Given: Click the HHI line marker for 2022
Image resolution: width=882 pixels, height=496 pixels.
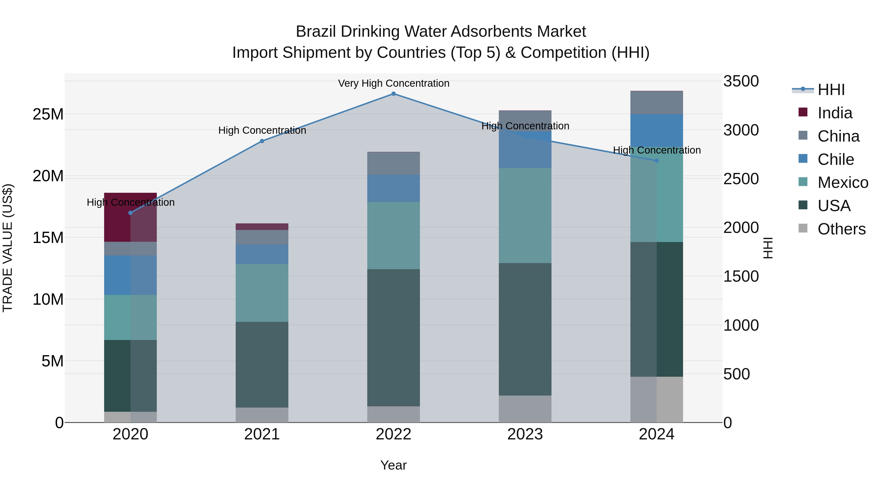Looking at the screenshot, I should tap(393, 94).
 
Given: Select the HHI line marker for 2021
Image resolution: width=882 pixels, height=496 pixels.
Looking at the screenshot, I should tap(262, 141).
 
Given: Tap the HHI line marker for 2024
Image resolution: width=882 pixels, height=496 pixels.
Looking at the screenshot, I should tap(656, 160).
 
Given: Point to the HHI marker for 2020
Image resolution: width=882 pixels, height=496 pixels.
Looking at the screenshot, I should tap(130, 213).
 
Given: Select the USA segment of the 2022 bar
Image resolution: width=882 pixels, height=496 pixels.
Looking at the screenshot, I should tap(393, 338).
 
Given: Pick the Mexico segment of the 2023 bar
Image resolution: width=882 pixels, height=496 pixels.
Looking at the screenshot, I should tap(525, 215).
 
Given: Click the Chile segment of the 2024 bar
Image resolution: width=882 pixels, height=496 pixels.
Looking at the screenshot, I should tap(656, 130).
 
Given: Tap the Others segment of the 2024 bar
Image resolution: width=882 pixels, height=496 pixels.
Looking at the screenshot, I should tap(656, 399).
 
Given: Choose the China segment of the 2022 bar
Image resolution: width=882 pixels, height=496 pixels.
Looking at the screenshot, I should tap(393, 163).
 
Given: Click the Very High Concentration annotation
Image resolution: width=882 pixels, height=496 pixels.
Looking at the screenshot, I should tap(393, 84).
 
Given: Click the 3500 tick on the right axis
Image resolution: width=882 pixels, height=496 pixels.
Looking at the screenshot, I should tap(741, 82).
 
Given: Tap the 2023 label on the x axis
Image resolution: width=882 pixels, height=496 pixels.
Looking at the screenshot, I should tap(525, 434).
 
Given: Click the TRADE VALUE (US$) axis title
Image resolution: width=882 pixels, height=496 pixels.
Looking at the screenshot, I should tap(8, 248).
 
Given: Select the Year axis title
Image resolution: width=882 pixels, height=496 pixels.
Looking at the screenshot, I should tap(393, 465).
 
